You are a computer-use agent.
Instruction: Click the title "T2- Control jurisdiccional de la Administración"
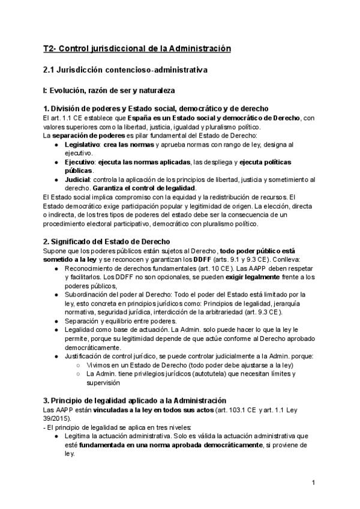137,48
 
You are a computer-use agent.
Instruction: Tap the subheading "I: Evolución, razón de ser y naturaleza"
105,91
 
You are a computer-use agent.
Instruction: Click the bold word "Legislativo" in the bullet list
83,145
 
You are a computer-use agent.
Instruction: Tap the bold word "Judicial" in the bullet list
78,179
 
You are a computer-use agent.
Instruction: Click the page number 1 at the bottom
314,482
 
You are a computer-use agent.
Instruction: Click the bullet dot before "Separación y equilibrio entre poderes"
56,321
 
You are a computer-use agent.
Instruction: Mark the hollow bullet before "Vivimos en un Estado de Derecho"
78,364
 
